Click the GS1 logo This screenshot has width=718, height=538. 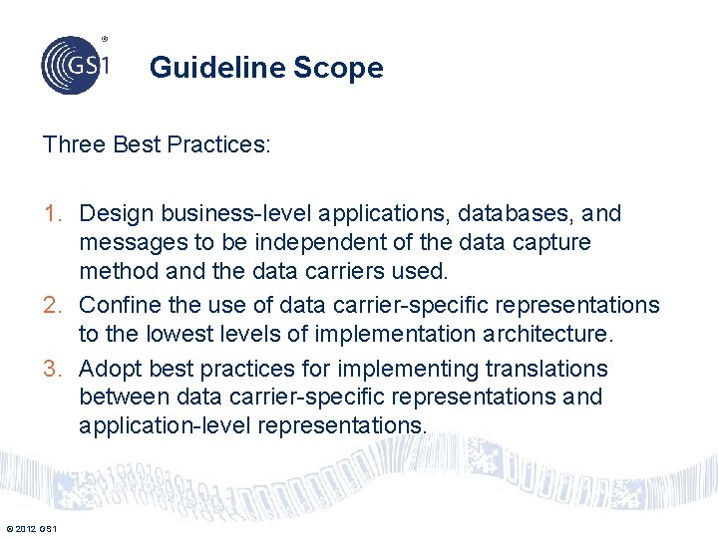(x=74, y=64)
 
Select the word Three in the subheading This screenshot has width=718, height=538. (x=75, y=144)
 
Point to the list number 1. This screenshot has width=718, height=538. (x=51, y=213)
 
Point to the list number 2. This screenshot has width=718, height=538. (x=52, y=304)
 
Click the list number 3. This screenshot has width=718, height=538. (x=52, y=369)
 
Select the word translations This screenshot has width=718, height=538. (x=546, y=369)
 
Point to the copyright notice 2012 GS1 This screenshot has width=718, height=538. (x=31, y=528)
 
